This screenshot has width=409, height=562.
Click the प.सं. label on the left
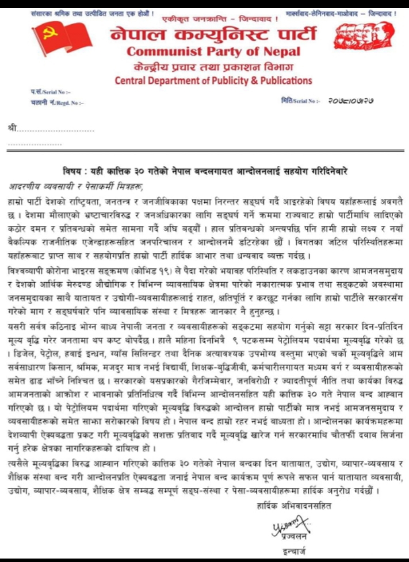tap(38, 92)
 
